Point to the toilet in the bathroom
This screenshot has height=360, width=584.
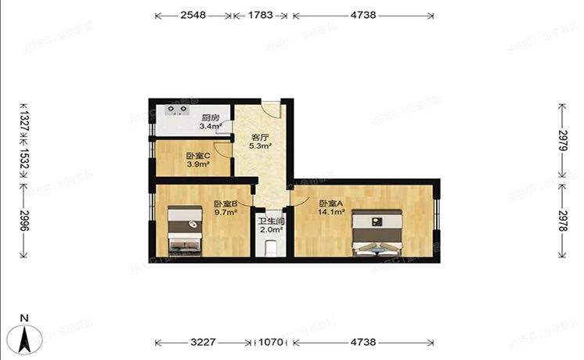[x=271, y=247]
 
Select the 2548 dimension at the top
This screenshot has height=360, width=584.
[x=193, y=15]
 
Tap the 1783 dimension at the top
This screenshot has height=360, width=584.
[x=259, y=15]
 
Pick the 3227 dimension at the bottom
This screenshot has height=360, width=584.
[x=205, y=342]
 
